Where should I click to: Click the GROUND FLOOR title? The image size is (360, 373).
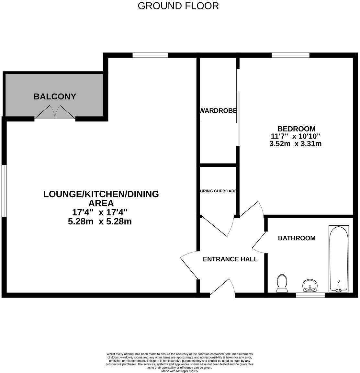[178, 6]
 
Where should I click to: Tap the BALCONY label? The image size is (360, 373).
[55, 96]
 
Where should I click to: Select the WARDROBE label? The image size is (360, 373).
[218, 111]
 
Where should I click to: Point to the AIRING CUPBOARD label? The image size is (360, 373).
[218, 191]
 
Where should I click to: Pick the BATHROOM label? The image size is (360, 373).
[297, 238]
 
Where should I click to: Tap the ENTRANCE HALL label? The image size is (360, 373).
[230, 259]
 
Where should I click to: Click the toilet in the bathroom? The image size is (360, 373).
[282, 283]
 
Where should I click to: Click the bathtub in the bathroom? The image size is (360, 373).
[339, 259]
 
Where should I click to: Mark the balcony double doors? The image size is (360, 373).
[55, 113]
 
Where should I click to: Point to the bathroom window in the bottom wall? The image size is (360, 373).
[310, 295]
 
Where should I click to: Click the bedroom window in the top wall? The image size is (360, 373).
[290, 55]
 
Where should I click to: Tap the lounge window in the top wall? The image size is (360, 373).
[150, 55]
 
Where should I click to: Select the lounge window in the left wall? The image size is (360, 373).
[4, 191]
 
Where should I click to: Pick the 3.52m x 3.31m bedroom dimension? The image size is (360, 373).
[295, 144]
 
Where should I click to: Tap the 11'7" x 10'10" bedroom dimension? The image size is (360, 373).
[295, 136]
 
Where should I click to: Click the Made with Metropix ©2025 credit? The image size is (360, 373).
[179, 371]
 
